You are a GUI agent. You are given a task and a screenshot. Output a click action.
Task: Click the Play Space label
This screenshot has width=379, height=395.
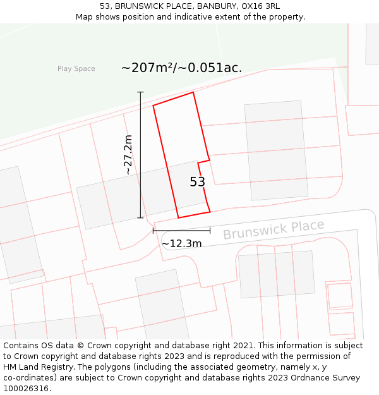(x=76, y=69)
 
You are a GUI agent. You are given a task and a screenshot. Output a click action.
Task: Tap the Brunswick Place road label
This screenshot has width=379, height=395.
(x=273, y=230)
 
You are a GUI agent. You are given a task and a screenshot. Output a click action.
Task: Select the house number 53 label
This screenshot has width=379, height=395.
(x=198, y=182)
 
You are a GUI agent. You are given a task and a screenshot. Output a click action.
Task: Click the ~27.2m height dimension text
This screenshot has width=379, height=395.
(x=128, y=155)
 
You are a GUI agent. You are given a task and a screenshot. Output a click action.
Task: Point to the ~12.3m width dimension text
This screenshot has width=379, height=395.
(x=181, y=244)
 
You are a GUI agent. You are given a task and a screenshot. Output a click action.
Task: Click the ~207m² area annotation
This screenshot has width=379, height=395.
(x=181, y=68)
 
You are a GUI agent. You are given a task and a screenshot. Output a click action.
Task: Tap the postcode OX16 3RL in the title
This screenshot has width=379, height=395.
(x=259, y=6)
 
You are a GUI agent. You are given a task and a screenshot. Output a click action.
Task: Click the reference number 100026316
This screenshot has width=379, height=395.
(x=27, y=389)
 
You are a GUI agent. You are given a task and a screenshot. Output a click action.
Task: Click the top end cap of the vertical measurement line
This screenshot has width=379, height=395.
(x=140, y=92)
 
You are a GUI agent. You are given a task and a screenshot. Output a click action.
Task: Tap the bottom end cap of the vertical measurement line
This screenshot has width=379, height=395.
(x=140, y=218)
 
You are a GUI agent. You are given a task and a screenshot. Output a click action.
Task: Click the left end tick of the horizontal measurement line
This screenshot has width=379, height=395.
(x=153, y=231)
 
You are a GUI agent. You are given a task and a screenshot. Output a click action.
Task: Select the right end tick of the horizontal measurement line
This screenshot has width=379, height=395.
(x=210, y=231)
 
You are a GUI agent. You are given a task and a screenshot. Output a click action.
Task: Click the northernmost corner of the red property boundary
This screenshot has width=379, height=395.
(x=193, y=92)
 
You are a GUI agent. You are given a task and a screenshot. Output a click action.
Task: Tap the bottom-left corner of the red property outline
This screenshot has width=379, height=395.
(x=178, y=218)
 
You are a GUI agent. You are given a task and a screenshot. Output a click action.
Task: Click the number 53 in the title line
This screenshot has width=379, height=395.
(x=105, y=6)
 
